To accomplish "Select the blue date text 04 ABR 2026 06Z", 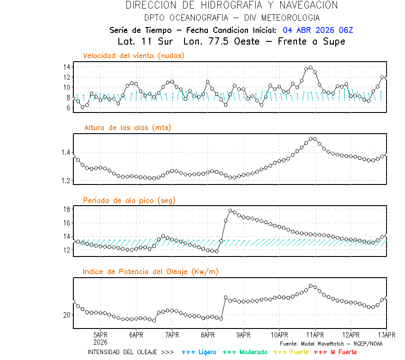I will click(318, 30).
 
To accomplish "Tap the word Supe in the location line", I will click(333, 41).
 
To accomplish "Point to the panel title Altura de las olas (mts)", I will click(127, 128).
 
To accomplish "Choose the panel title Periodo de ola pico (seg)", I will click(129, 200).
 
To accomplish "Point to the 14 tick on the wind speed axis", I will click(66, 67).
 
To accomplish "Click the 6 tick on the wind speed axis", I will click(67, 108).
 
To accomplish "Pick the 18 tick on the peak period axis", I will click(66, 209).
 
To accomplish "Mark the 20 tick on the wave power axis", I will click(66, 315).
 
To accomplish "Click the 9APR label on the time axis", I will click(243, 335).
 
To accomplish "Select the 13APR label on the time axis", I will click(387, 335).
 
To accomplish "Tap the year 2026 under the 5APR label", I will click(100, 342).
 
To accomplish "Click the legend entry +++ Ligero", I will click(199, 352).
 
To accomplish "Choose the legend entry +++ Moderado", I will click(245, 352).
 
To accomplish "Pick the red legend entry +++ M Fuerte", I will click(335, 352).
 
